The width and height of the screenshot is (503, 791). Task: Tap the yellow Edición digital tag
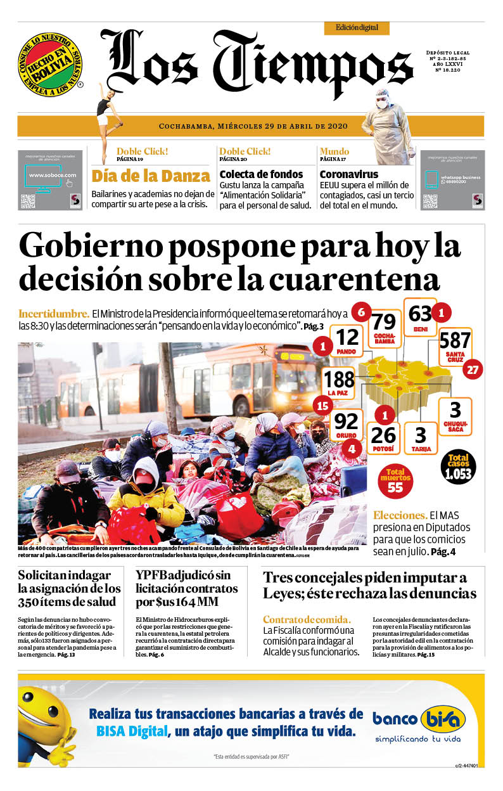click(357, 28)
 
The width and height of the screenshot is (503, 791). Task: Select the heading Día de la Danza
click(151, 176)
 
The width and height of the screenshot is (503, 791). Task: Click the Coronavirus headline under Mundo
click(349, 174)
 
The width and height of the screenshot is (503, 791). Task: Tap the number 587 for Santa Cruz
click(455, 340)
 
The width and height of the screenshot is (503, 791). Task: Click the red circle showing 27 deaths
click(472, 370)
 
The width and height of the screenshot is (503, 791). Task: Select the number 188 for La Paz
click(340, 380)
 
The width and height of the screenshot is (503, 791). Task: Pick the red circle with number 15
click(323, 406)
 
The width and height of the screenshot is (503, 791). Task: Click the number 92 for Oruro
click(346, 421)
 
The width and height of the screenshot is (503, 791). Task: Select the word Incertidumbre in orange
click(54, 314)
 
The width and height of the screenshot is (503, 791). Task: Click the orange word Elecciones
click(400, 515)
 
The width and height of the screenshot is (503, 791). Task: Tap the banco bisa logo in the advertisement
click(418, 719)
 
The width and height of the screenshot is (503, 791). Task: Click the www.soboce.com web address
click(53, 175)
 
